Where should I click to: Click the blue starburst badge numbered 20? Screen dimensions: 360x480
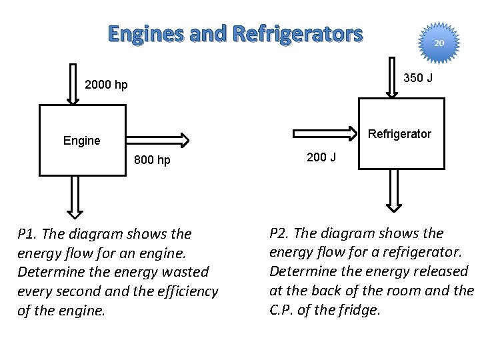click(x=438, y=43)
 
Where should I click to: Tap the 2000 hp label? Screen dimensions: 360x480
click(x=107, y=85)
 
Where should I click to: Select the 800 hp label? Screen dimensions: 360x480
click(x=152, y=160)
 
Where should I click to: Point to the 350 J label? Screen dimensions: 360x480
click(x=419, y=78)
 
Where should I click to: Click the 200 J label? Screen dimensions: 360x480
click(x=321, y=157)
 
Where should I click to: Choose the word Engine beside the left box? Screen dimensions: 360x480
click(x=81, y=140)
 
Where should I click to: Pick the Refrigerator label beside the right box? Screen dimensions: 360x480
click(x=400, y=134)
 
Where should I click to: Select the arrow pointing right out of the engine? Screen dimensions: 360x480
click(x=157, y=139)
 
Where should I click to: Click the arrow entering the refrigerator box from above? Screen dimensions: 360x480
click(x=394, y=77)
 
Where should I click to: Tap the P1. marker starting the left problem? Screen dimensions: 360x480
click(x=30, y=234)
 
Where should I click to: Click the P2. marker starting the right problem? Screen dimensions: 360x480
click(x=282, y=233)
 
